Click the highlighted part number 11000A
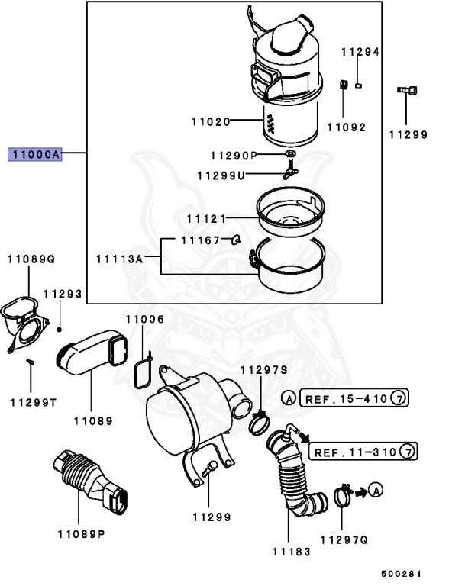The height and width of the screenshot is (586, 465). coord(34,154)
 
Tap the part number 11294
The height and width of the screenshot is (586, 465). coord(360,52)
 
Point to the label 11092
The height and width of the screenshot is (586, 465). coord(346,127)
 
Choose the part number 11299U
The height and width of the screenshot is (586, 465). coord(221,175)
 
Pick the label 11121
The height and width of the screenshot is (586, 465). coord(205,219)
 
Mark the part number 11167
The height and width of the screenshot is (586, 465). coord(200,240)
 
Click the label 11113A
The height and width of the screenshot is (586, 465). coord(120,259)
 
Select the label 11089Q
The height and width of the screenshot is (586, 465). coord(31,259)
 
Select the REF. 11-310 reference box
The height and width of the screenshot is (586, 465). coord(363,451)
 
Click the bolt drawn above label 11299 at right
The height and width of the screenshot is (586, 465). coord(408,92)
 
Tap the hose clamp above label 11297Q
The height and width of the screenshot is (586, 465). coord(344,497)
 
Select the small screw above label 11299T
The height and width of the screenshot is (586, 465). coord(31,363)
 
